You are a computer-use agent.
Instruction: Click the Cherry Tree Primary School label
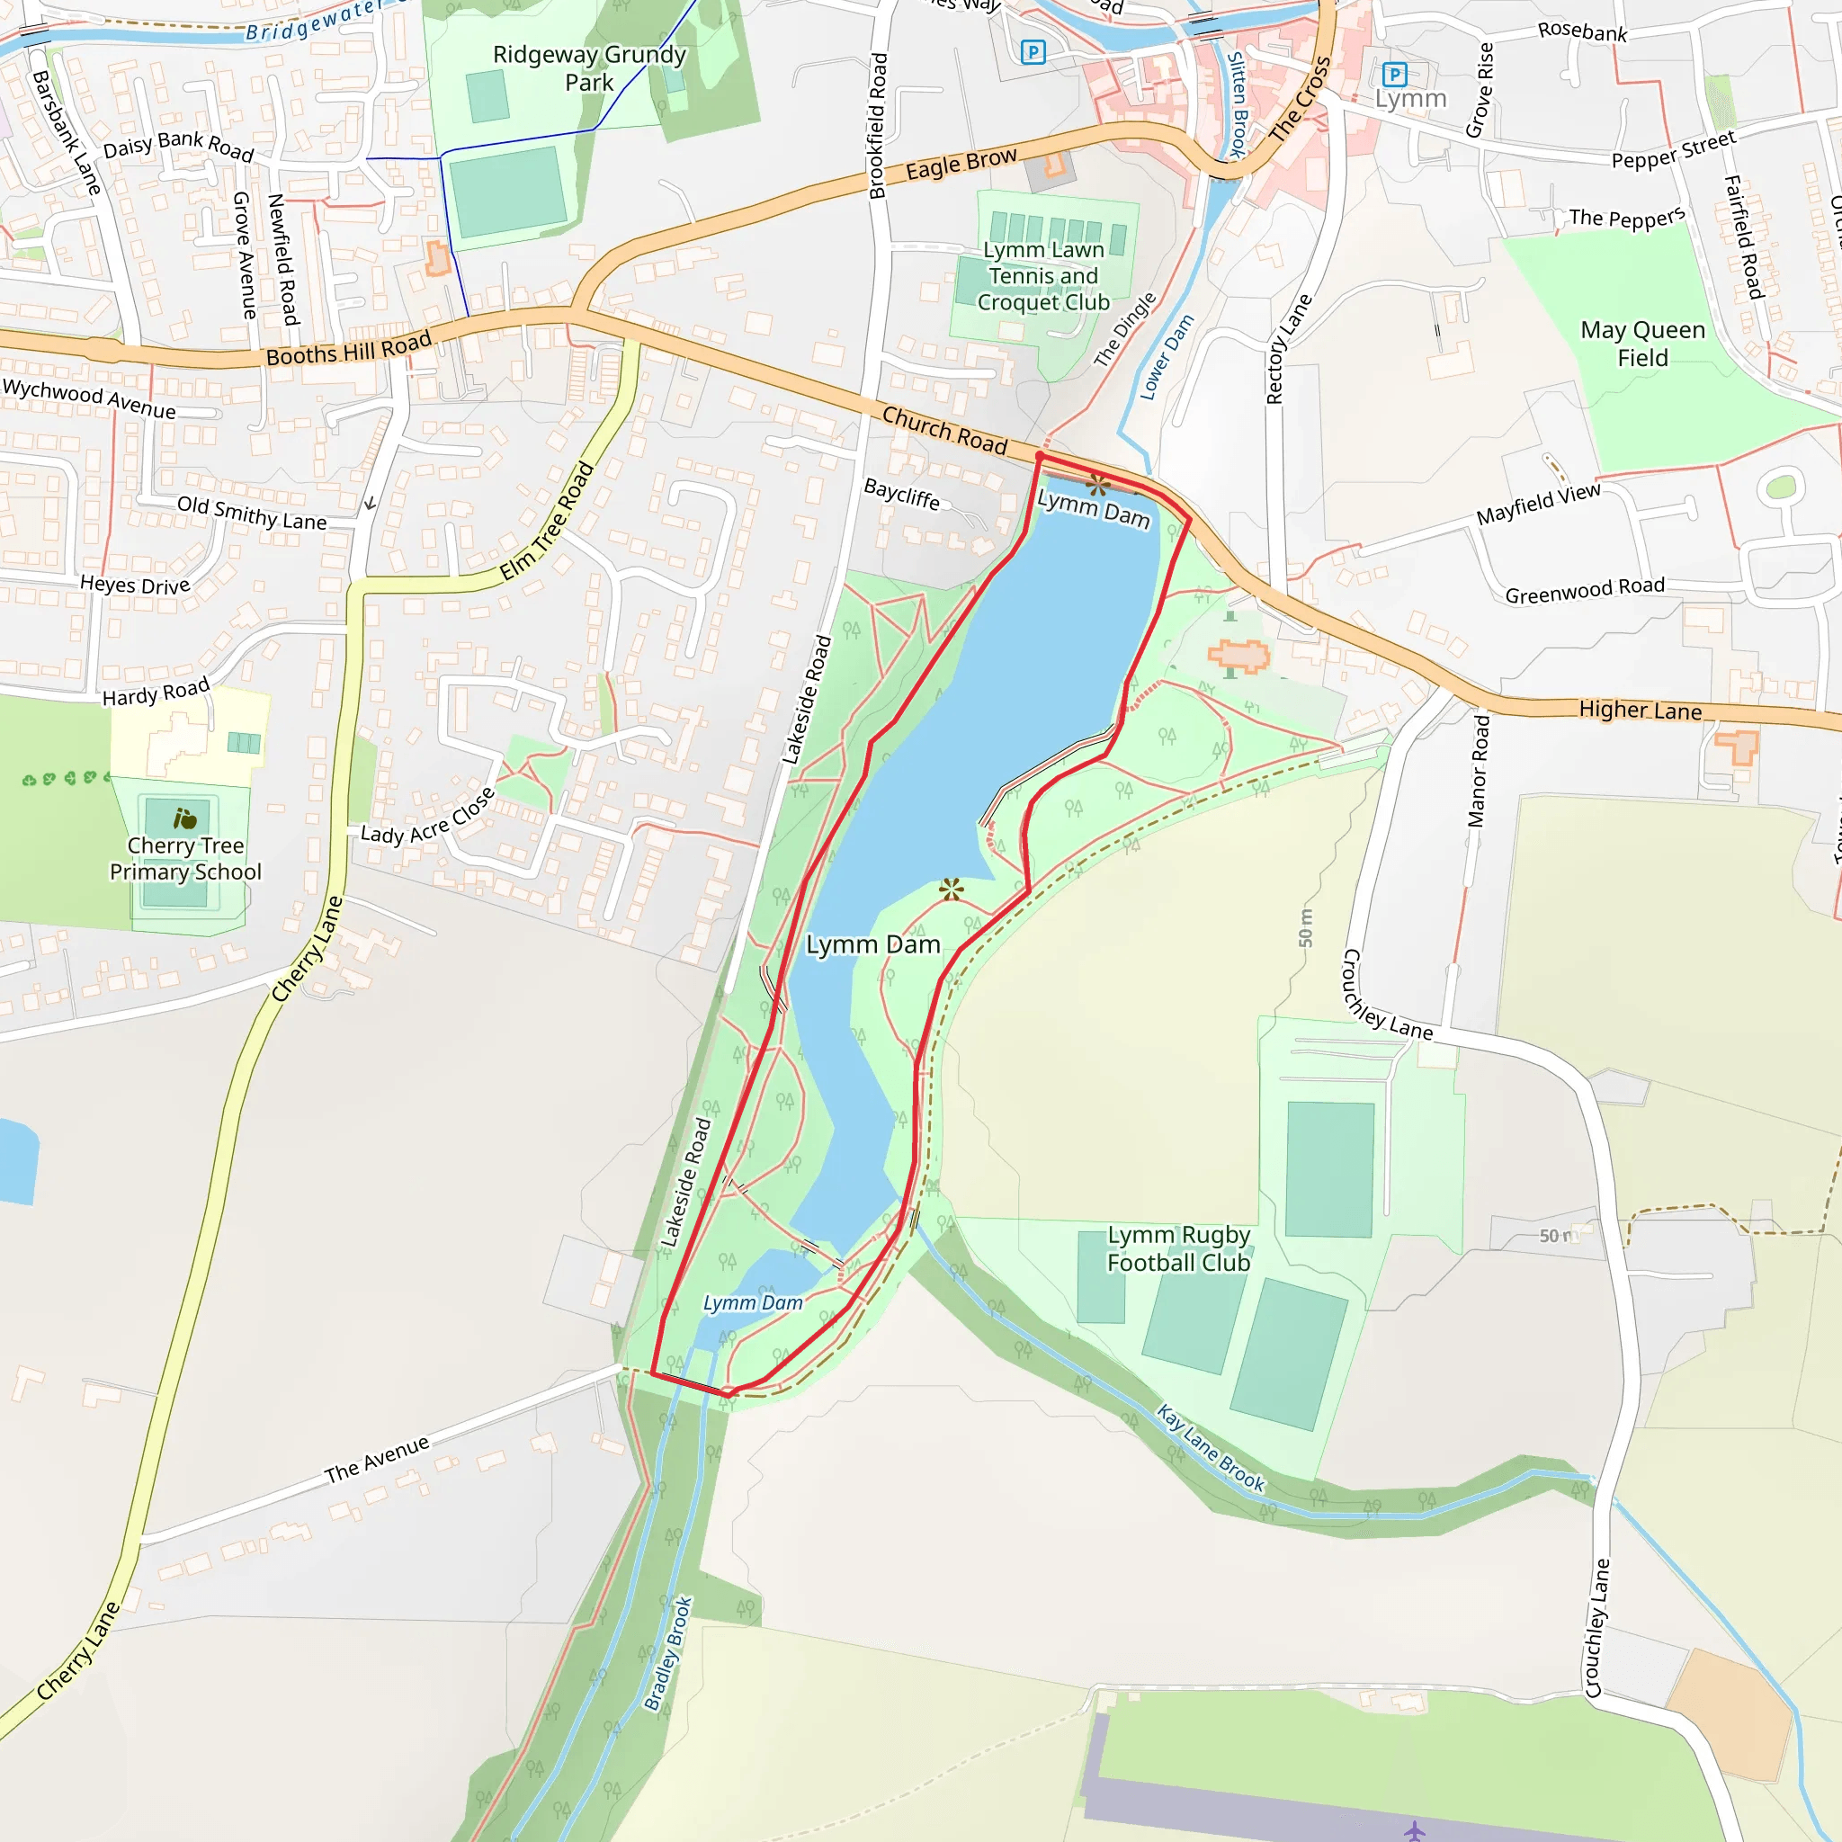pos(185,858)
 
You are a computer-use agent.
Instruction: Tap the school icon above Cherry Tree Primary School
pos(185,818)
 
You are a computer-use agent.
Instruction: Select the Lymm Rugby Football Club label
pos(1178,1248)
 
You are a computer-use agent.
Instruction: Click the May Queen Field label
pos(1642,344)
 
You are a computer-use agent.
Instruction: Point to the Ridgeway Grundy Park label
pos(589,67)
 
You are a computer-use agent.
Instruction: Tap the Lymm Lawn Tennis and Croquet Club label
pos(1043,275)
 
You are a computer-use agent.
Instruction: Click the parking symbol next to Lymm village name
pos(1394,74)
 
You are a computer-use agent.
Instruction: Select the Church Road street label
pos(943,430)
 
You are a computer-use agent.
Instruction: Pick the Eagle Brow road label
pos(961,164)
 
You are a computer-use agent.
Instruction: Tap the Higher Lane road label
pos(1640,711)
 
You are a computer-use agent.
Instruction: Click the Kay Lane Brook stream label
pos(1211,1448)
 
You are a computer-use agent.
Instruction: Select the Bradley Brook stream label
pos(667,1653)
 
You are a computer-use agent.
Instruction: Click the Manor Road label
pos(1478,771)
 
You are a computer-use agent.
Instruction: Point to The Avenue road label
pos(377,1460)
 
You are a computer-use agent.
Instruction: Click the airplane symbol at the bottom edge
pos(1415,1829)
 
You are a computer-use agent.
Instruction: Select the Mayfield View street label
pos(1538,504)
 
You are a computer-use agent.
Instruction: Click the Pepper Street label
pos(1673,150)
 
